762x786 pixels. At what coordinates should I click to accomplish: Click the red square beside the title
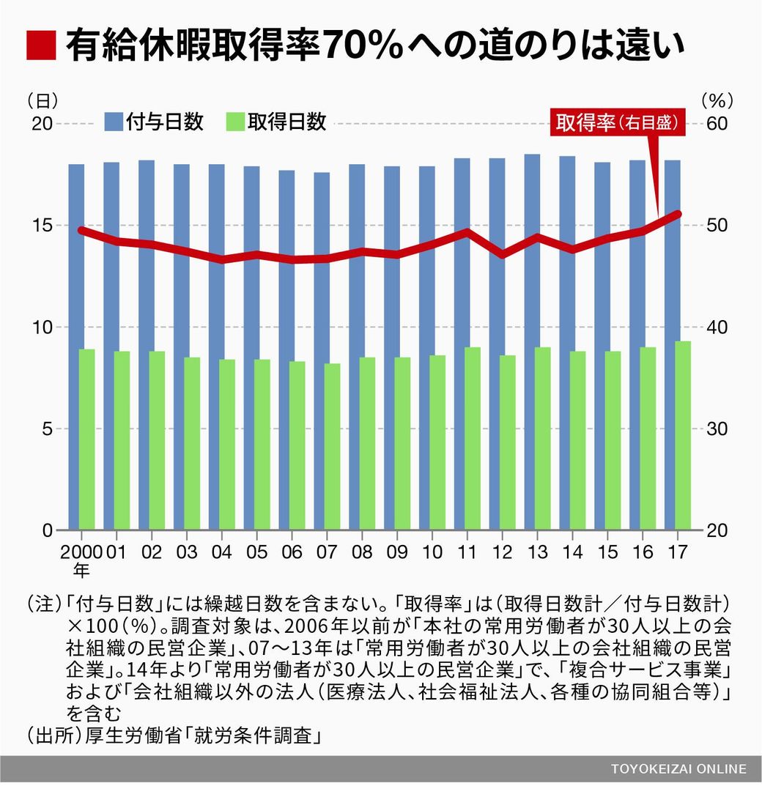[41, 46]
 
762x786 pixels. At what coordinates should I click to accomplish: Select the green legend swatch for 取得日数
[235, 122]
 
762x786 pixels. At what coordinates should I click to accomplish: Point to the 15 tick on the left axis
[42, 225]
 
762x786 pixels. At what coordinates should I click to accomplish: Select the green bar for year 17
[682, 435]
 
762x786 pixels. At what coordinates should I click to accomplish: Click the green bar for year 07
[333, 447]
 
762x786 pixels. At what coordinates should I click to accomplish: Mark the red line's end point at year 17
[678, 214]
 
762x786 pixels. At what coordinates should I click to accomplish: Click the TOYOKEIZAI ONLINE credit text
[678, 768]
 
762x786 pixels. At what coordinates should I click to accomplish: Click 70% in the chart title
[363, 47]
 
